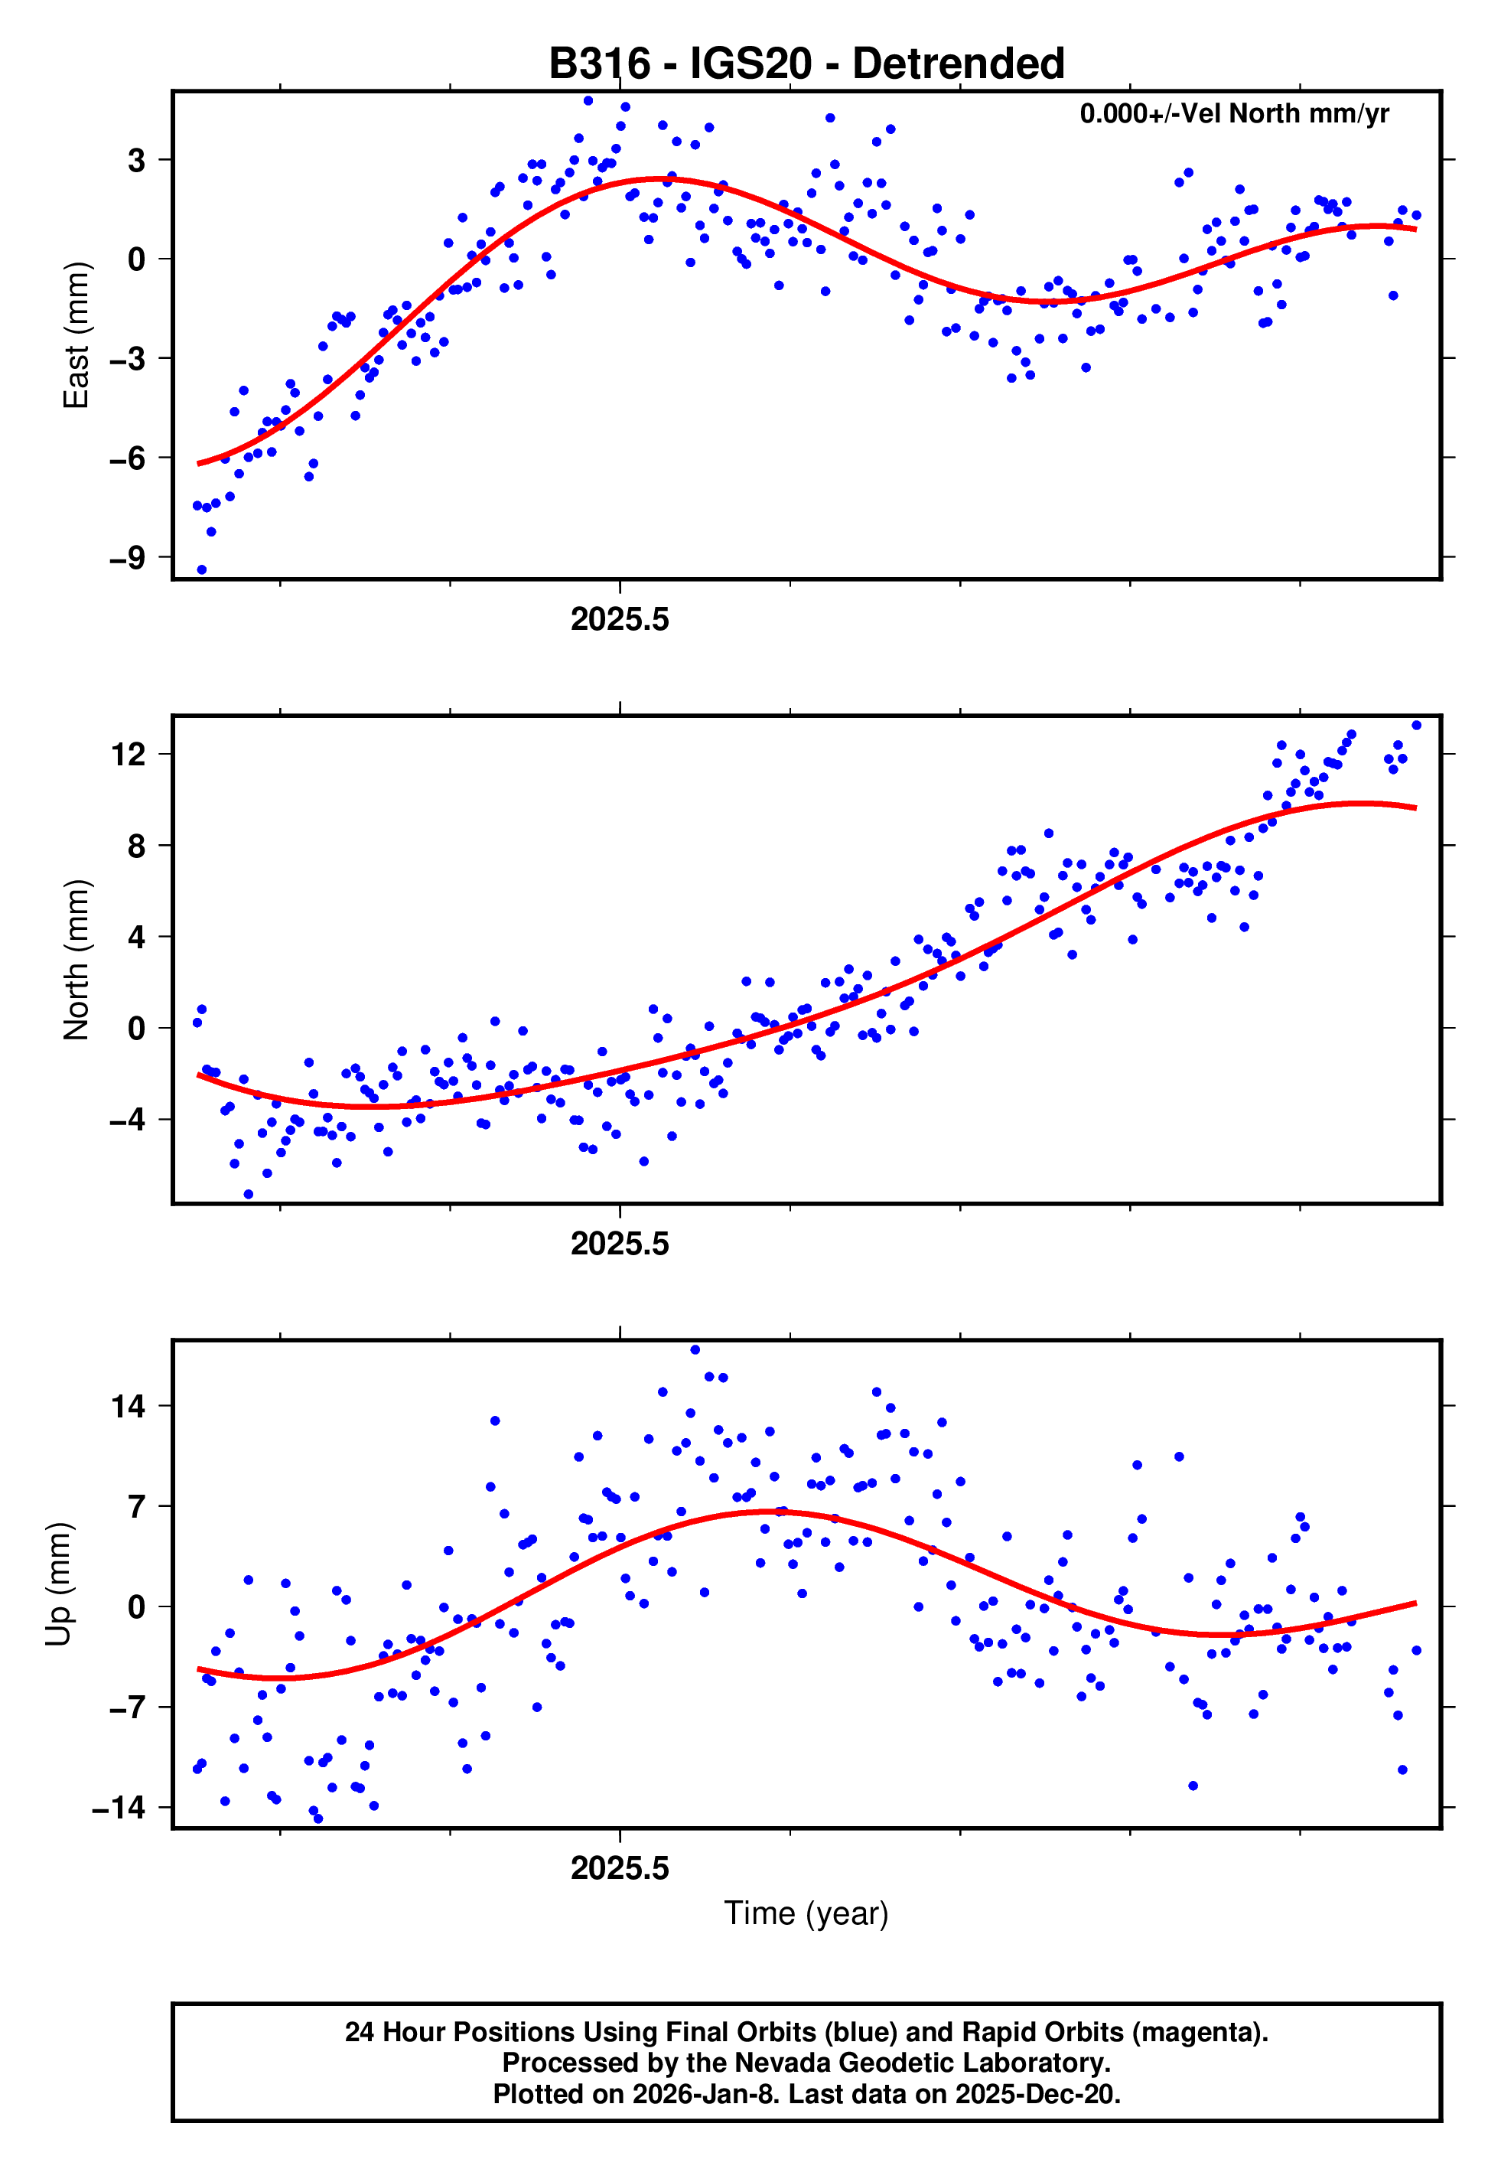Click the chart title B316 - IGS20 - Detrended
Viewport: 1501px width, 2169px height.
806,64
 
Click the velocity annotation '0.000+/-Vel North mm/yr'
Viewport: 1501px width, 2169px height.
1233,114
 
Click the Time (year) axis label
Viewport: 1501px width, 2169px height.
806,1913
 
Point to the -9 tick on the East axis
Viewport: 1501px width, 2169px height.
128,558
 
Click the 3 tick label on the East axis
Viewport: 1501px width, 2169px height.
137,160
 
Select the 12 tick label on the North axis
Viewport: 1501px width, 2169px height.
128,755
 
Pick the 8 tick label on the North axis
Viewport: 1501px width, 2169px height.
137,846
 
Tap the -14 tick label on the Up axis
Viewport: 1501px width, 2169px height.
119,1808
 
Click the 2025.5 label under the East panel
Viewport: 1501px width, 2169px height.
620,620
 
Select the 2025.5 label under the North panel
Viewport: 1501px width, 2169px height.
620,1244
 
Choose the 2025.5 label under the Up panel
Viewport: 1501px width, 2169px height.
620,1868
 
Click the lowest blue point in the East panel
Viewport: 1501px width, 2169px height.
201,570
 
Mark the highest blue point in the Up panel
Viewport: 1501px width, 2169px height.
695,1350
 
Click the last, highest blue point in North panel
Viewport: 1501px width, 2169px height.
1416,726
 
